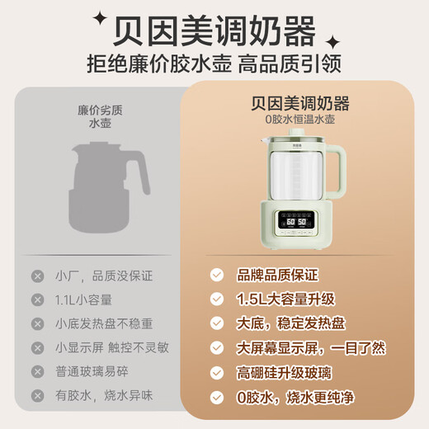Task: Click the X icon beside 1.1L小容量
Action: pos(37,299)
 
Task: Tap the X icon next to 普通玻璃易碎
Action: pos(37,372)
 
